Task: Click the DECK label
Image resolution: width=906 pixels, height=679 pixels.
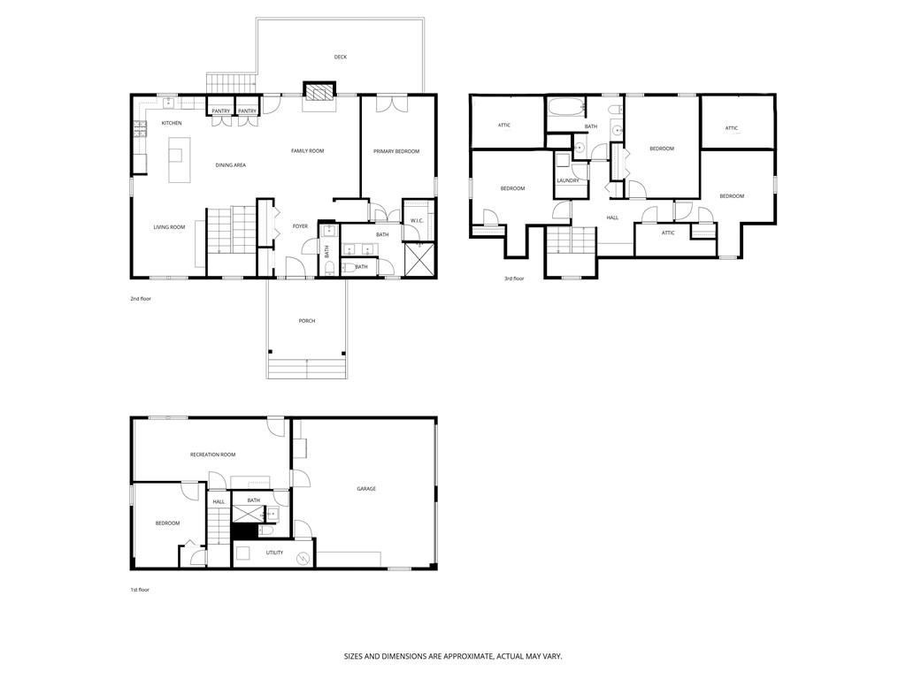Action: coord(341,57)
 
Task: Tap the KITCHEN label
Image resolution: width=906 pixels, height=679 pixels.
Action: coord(172,123)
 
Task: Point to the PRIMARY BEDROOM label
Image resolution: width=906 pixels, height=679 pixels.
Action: coord(396,151)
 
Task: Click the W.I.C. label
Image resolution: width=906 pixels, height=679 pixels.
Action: coord(417,220)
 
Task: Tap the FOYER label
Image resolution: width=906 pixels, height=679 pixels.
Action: coord(301,226)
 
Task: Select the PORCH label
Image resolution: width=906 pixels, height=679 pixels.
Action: coord(307,321)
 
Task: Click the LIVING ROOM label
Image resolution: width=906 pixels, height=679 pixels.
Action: coord(169,227)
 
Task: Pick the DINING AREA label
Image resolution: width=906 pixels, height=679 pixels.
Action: coord(231,165)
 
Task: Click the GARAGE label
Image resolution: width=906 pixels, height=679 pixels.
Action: coord(366,489)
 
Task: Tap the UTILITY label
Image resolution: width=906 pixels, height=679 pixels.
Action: coord(274,553)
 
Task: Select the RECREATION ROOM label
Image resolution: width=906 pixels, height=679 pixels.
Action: coord(212,454)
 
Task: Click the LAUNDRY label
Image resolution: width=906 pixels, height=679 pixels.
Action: coord(568,180)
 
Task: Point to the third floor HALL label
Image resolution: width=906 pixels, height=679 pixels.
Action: coord(612,217)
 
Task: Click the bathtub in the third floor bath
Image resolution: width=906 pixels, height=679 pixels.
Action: coord(565,109)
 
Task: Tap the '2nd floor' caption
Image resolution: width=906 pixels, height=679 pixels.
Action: coord(141,299)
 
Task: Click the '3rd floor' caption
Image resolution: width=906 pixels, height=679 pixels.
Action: coord(514,278)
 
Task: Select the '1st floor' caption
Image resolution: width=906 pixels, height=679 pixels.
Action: coord(140,589)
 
